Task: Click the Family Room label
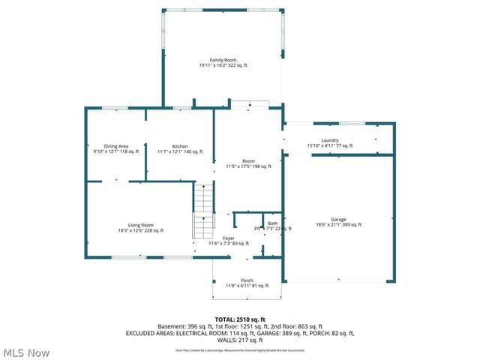pyautogui.click(x=223, y=60)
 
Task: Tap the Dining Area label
pyautogui.click(x=116, y=146)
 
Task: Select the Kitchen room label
pyautogui.click(x=180, y=146)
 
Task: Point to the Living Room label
pyautogui.click(x=140, y=225)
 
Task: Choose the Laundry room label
pyautogui.click(x=330, y=140)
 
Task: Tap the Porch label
pyautogui.click(x=247, y=280)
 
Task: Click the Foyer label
pyautogui.click(x=228, y=238)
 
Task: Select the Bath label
pyautogui.click(x=273, y=223)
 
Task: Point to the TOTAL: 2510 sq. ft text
pyautogui.click(x=240, y=319)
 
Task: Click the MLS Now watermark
pyautogui.click(x=26, y=352)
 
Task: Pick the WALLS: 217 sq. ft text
pyautogui.click(x=240, y=340)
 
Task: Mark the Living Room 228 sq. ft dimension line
pyautogui.click(x=140, y=230)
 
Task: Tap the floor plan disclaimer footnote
pyautogui.click(x=240, y=350)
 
